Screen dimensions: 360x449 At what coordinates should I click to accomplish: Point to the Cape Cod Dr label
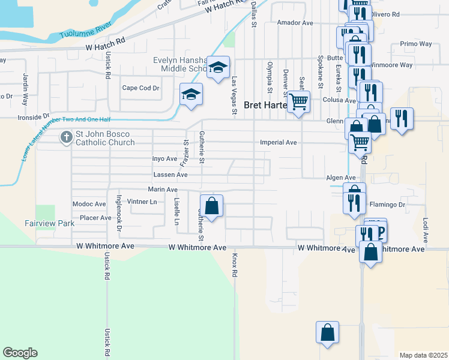(x=140, y=88)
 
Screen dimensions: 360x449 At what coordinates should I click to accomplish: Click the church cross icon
(x=65, y=138)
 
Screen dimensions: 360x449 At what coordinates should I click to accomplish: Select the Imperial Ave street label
(x=279, y=143)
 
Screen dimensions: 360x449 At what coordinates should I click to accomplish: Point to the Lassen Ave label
(x=170, y=175)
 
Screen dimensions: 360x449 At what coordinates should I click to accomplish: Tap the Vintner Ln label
(x=142, y=202)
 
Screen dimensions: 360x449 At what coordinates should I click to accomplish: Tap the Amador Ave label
(x=295, y=23)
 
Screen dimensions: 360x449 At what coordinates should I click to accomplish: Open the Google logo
(x=20, y=353)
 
